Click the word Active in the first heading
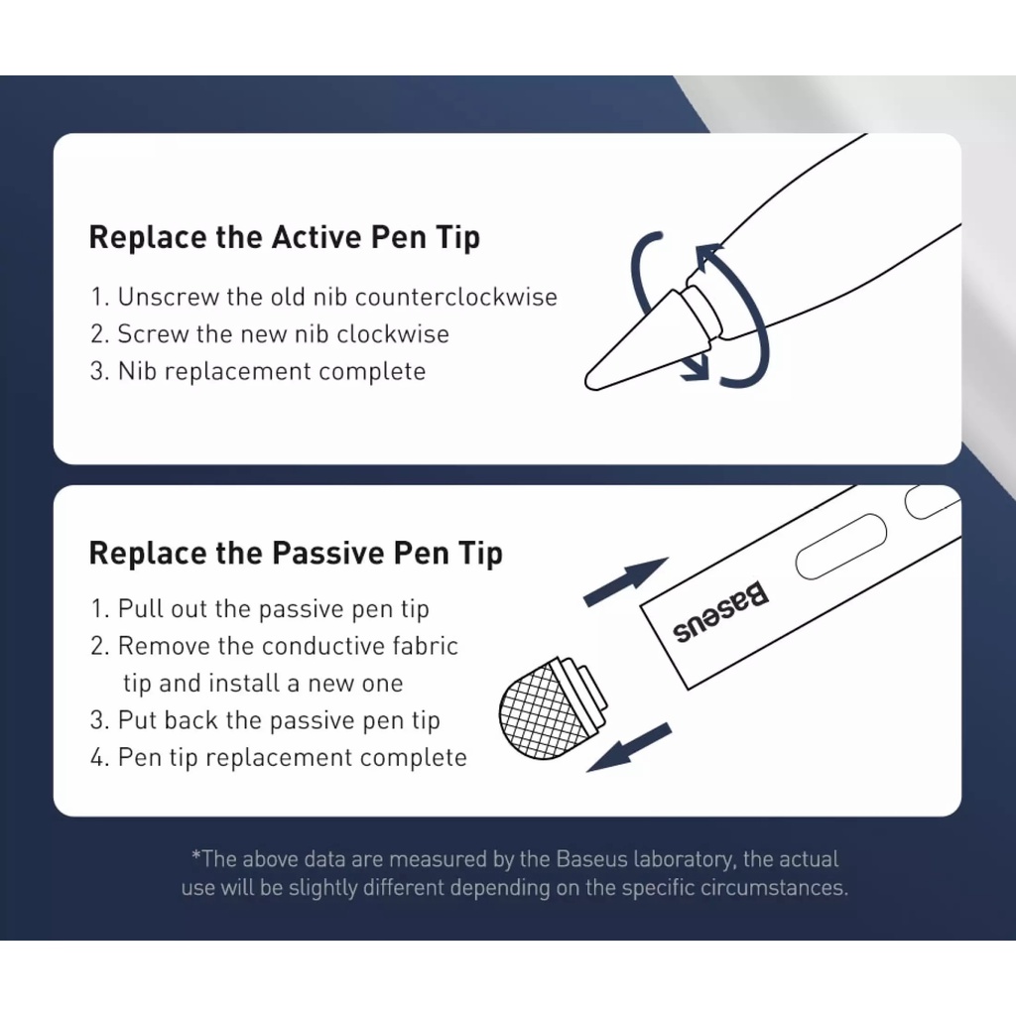pos(317,236)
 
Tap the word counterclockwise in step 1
pos(456,297)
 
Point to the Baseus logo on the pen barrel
pos(720,611)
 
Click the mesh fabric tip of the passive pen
pos(542,710)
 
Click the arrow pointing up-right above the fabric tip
pos(625,581)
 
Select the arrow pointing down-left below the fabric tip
pos(628,748)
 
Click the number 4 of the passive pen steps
pos(98,757)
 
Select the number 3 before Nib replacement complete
pos(97,371)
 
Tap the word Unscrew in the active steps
pos(169,297)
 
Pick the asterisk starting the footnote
pos(195,854)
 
